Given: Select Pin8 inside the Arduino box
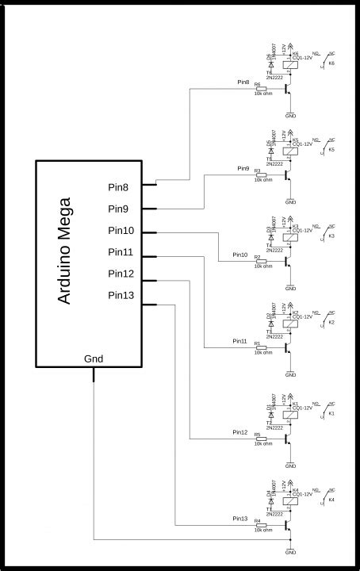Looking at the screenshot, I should pos(123,187).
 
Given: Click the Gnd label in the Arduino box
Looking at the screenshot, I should pos(94,358).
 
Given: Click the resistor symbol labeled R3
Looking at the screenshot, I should pos(262,175).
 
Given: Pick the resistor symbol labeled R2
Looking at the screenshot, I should pos(262,262).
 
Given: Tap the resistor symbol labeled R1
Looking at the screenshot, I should pos(262,347).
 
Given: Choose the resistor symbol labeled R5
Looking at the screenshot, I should pos(262,439).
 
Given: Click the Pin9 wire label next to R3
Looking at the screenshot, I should pos(243,169).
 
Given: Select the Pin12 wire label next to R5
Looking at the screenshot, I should pos(240,432).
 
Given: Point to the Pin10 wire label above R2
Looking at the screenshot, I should pos(240,255).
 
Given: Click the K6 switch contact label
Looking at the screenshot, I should pos(331,63).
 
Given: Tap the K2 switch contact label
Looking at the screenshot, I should pos(331,323).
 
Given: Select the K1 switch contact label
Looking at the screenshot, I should pos(331,414).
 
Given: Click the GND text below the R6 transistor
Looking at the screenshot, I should pos(290,115).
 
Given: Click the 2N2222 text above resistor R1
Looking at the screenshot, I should pos(275,337).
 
